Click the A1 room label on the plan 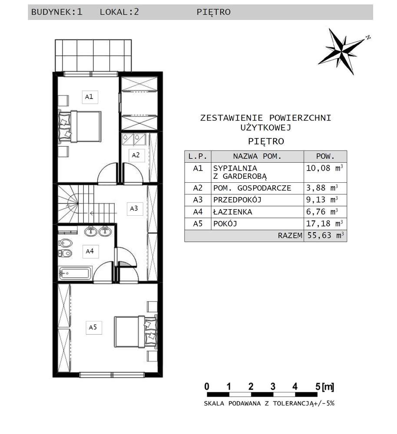pos(89,97)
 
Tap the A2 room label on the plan pos(136,155)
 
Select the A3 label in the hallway pos(134,208)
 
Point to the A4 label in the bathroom pos(89,251)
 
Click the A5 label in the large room pos(93,328)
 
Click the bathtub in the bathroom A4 pos(75,274)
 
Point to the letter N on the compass pos(368,37)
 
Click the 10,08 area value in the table pos(318,168)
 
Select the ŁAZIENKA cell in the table pos(232,212)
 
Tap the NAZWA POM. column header pos(257,156)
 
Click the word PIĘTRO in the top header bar pos(213,12)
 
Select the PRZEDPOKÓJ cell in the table pos(238,200)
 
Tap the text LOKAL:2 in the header pos(119,12)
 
